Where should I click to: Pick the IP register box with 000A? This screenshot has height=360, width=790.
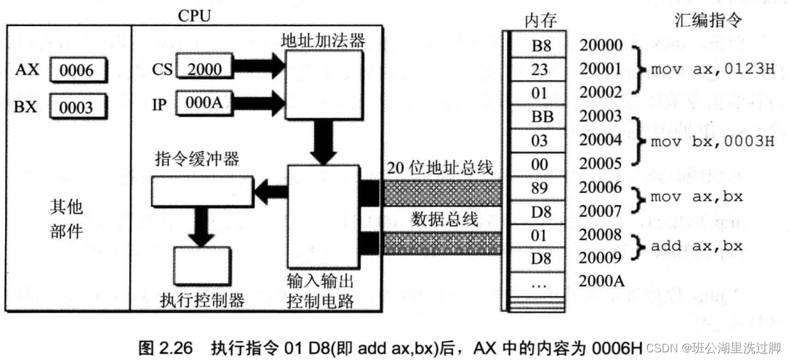coord(204,102)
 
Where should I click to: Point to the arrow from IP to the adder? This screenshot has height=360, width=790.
coord(259,100)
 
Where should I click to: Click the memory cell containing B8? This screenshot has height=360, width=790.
coord(539,45)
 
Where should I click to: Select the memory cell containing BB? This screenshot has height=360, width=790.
coord(539,117)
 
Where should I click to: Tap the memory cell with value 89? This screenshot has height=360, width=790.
coord(539,188)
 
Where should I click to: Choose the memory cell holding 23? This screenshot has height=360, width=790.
coord(539,69)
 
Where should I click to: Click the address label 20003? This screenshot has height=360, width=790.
coord(601,117)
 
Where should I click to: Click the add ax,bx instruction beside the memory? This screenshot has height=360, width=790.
coord(696,245)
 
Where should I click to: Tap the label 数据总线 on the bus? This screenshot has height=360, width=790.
coord(445,220)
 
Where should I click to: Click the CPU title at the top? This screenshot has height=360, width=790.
coord(194,16)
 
